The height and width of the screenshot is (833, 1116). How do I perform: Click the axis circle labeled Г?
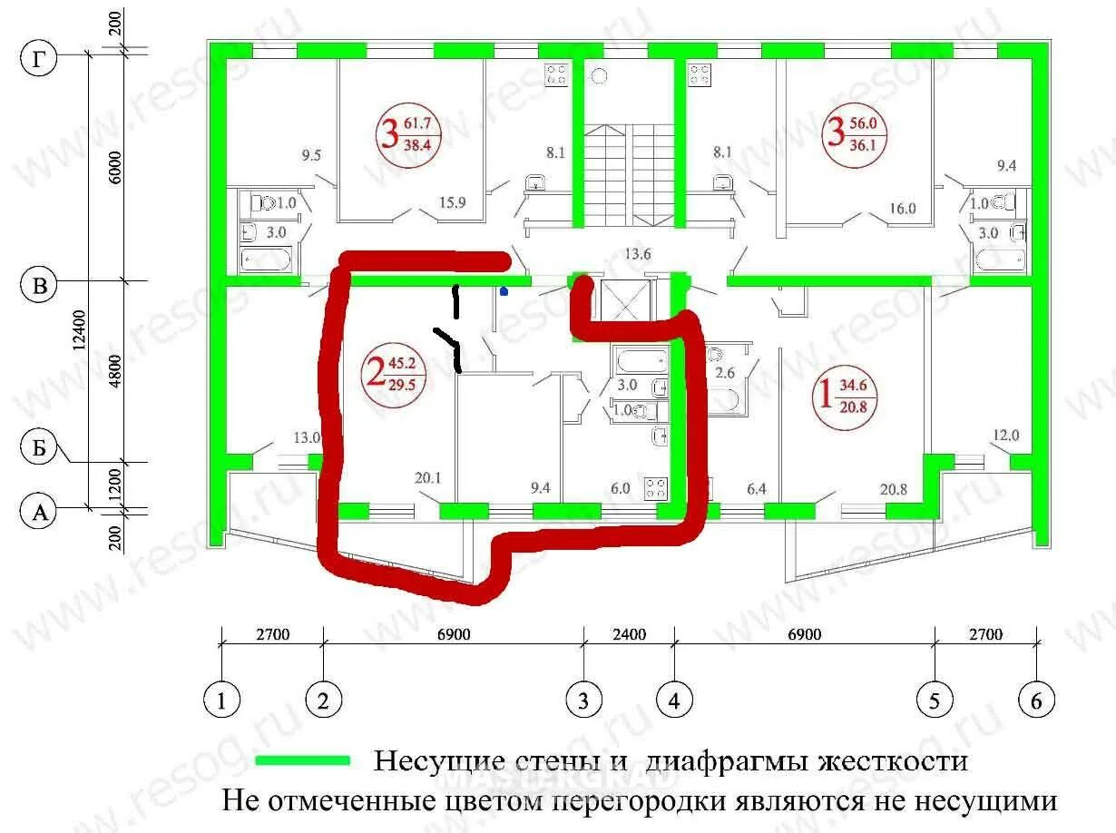coord(38,60)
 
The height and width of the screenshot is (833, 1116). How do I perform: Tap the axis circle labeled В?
coord(38,286)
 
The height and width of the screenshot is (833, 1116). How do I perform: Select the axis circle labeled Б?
coord(38,447)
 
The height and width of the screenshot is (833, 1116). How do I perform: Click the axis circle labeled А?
coord(38,514)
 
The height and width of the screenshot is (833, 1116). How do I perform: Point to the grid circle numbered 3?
coord(583,701)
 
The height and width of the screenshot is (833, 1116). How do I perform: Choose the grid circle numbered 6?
coord(1037,701)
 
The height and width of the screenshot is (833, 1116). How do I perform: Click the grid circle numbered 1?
coord(220,701)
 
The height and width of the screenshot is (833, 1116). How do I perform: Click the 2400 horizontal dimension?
coord(628,633)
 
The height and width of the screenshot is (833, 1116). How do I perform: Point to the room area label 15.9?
coord(452,202)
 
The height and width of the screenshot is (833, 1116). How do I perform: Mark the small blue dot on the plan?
coord(504,291)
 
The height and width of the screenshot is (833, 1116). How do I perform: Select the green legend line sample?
coord(302,760)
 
